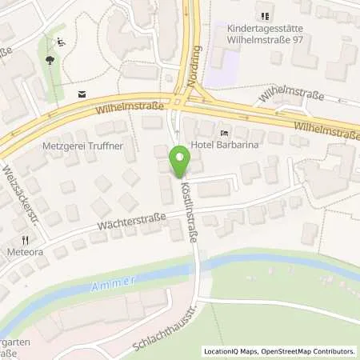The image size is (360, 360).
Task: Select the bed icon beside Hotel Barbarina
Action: [x=225, y=132]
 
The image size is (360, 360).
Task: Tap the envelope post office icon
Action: [x=81, y=93]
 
